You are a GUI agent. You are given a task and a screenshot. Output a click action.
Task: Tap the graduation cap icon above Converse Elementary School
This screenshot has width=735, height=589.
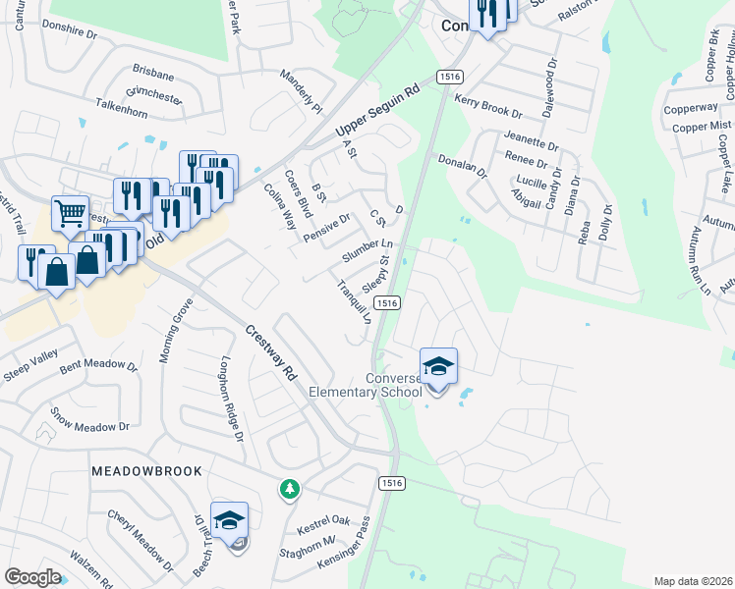(438, 367)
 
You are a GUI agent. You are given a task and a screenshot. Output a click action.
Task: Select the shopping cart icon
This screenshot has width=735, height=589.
(70, 212)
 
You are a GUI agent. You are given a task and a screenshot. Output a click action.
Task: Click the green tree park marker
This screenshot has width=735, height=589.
(289, 488)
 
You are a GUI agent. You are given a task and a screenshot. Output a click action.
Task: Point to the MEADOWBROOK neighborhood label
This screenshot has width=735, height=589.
(146, 472)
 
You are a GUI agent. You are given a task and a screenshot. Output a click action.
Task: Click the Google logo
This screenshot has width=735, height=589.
(32, 577)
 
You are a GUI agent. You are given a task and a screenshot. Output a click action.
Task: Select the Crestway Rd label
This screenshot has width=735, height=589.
(272, 352)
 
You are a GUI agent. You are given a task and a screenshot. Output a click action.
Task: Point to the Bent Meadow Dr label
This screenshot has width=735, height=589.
(98, 366)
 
